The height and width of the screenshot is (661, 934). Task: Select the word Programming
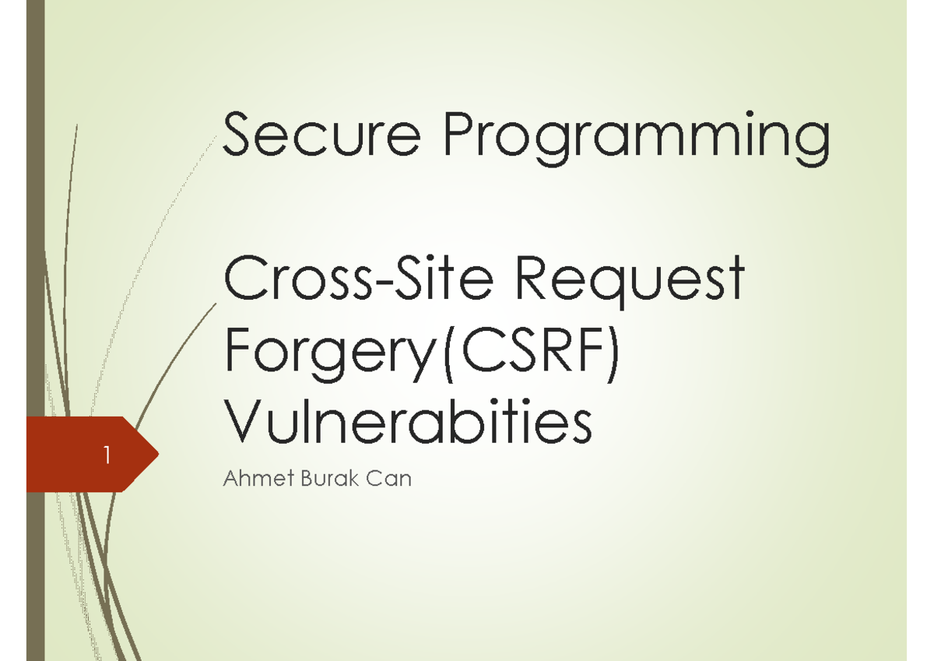point(636,140)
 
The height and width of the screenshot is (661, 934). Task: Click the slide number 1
point(106,455)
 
